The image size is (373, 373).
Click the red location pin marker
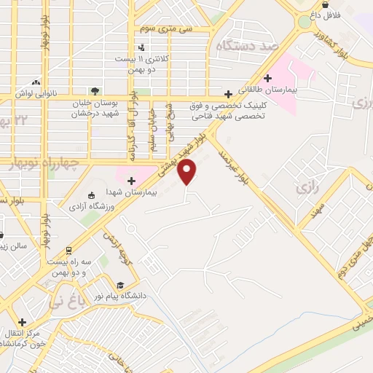[x=187, y=172]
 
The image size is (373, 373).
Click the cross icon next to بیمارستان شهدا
[x=131, y=181]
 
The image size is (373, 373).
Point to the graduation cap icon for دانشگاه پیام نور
[x=120, y=285]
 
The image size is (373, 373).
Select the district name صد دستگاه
[x=248, y=45]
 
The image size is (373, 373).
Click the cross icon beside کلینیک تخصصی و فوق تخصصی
[x=229, y=94]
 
